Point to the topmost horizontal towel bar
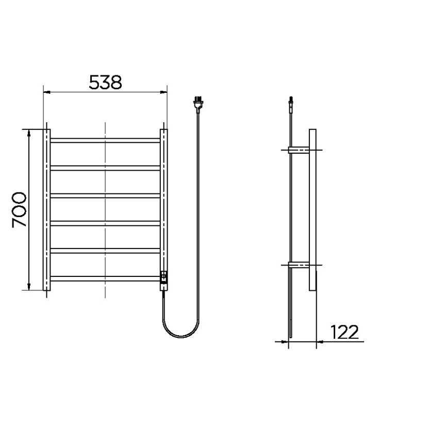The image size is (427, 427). click(105, 140)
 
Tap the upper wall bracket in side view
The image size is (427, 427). click(299, 151)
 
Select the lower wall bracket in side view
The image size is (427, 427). click(299, 266)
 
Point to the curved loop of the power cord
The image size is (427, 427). click(180, 335)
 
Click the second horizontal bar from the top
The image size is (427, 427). click(105, 168)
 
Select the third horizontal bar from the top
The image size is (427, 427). click(105, 195)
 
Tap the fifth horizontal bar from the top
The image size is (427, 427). click(105, 251)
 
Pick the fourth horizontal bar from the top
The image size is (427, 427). click(105, 223)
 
